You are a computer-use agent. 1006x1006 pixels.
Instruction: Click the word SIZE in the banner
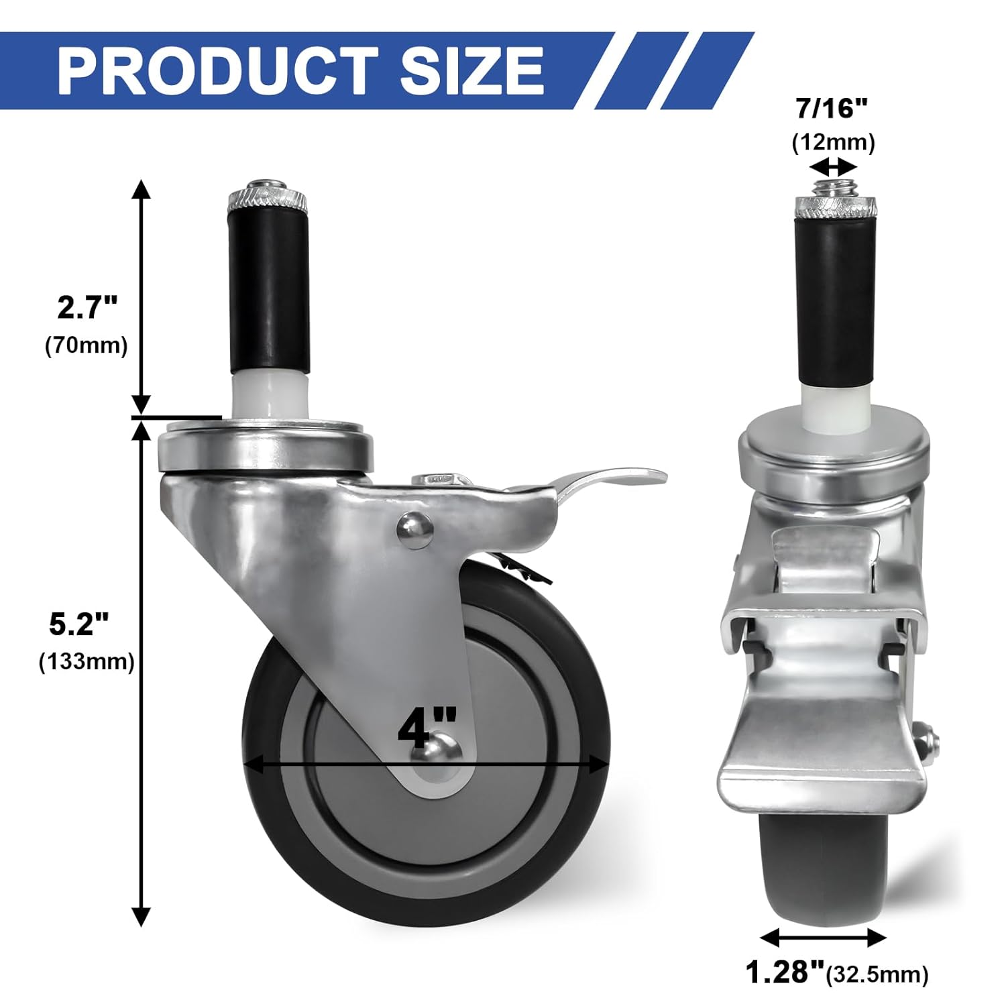471,70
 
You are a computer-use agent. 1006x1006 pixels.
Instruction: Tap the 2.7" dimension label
87,308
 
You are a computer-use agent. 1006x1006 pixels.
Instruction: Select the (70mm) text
87,346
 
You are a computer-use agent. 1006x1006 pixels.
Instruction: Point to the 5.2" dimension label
79,624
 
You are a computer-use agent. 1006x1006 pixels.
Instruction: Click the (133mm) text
87,662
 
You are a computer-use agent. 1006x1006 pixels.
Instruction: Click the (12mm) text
834,143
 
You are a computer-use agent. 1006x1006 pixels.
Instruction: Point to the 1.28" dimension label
784,972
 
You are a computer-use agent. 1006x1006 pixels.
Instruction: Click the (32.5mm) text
877,974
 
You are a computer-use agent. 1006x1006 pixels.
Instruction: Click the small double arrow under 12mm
833,166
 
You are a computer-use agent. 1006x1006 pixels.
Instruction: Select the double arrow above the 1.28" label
823,937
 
